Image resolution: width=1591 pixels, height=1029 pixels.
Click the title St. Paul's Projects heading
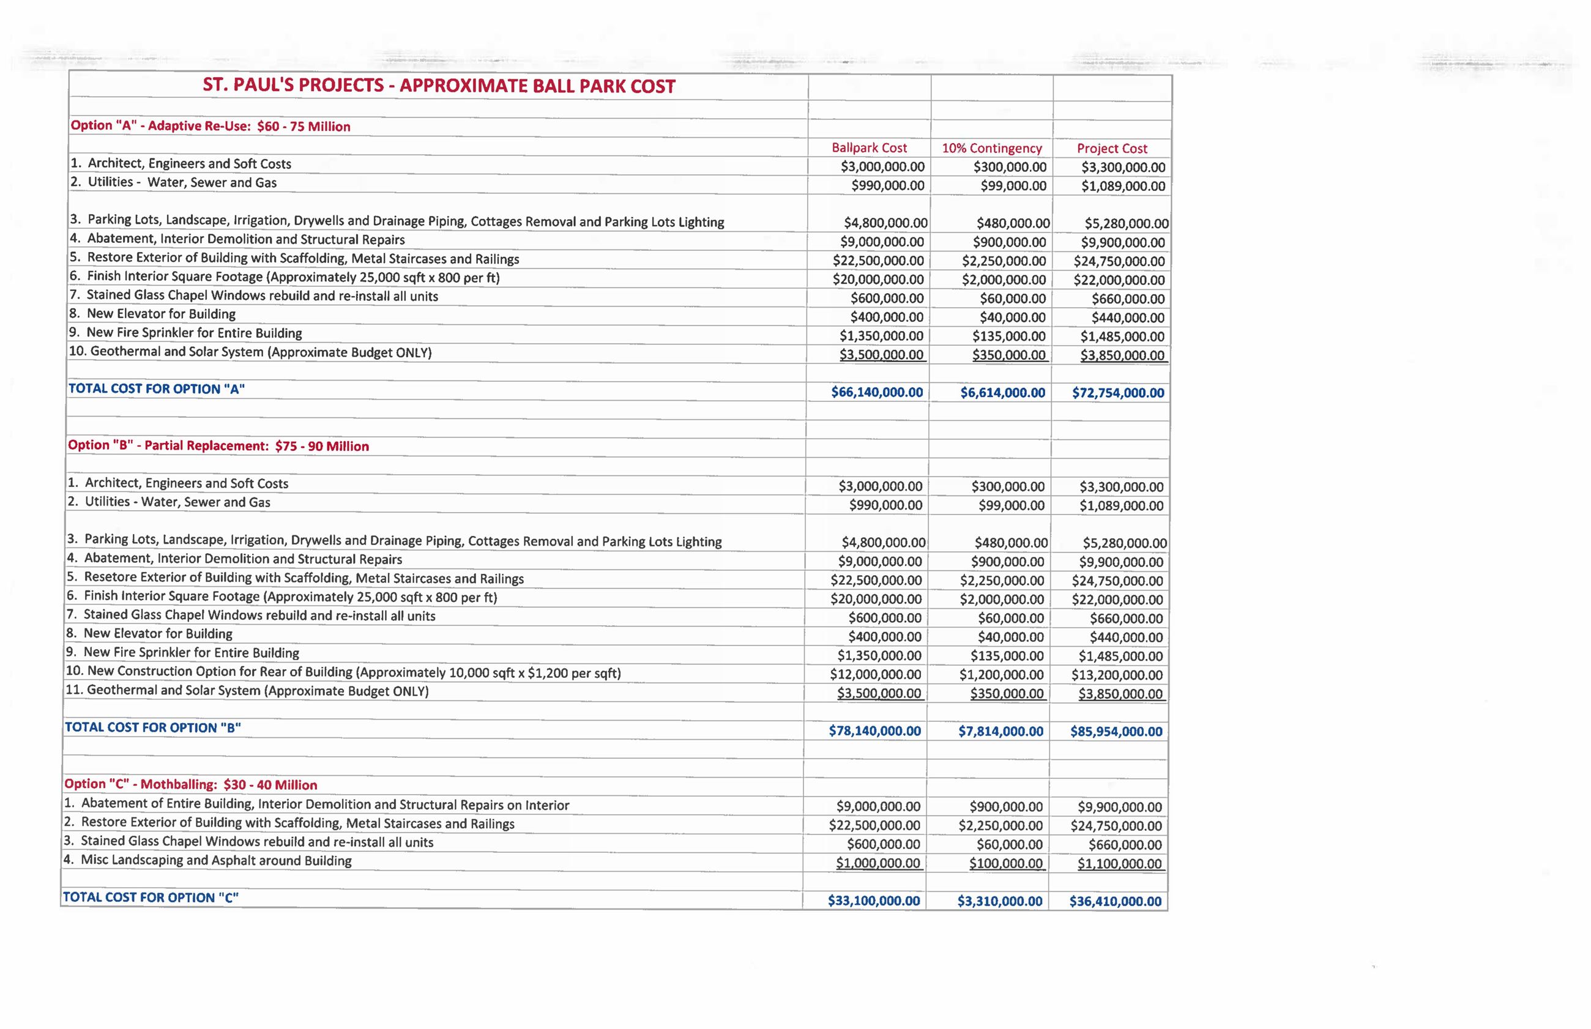[439, 86]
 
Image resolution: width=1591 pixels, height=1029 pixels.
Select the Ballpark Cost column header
[869, 148]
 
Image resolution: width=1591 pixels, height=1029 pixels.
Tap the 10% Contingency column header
[991, 148]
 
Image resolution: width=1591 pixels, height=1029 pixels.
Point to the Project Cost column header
[1111, 148]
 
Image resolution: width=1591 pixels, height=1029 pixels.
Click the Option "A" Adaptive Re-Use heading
[210, 126]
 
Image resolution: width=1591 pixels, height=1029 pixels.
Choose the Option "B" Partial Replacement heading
[218, 446]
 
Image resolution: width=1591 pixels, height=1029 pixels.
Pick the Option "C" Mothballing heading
[190, 784]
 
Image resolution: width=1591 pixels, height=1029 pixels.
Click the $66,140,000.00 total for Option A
[877, 392]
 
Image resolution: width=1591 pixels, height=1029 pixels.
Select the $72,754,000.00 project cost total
[1118, 393]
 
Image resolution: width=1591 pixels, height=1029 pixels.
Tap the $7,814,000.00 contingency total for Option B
[1000, 732]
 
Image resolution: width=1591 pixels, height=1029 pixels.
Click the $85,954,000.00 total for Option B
[1116, 732]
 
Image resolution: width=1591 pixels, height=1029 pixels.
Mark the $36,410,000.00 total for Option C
[1116, 901]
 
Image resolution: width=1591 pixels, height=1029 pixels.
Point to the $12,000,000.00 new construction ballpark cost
[875, 675]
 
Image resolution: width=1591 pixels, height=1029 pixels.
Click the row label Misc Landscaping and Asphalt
[216, 861]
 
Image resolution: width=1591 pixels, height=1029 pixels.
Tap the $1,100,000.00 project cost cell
[1119, 864]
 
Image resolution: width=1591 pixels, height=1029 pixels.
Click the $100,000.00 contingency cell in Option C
[1005, 864]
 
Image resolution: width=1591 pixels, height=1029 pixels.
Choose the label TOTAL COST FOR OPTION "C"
[151, 897]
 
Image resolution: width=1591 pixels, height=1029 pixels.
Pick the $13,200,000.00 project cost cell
[1117, 675]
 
